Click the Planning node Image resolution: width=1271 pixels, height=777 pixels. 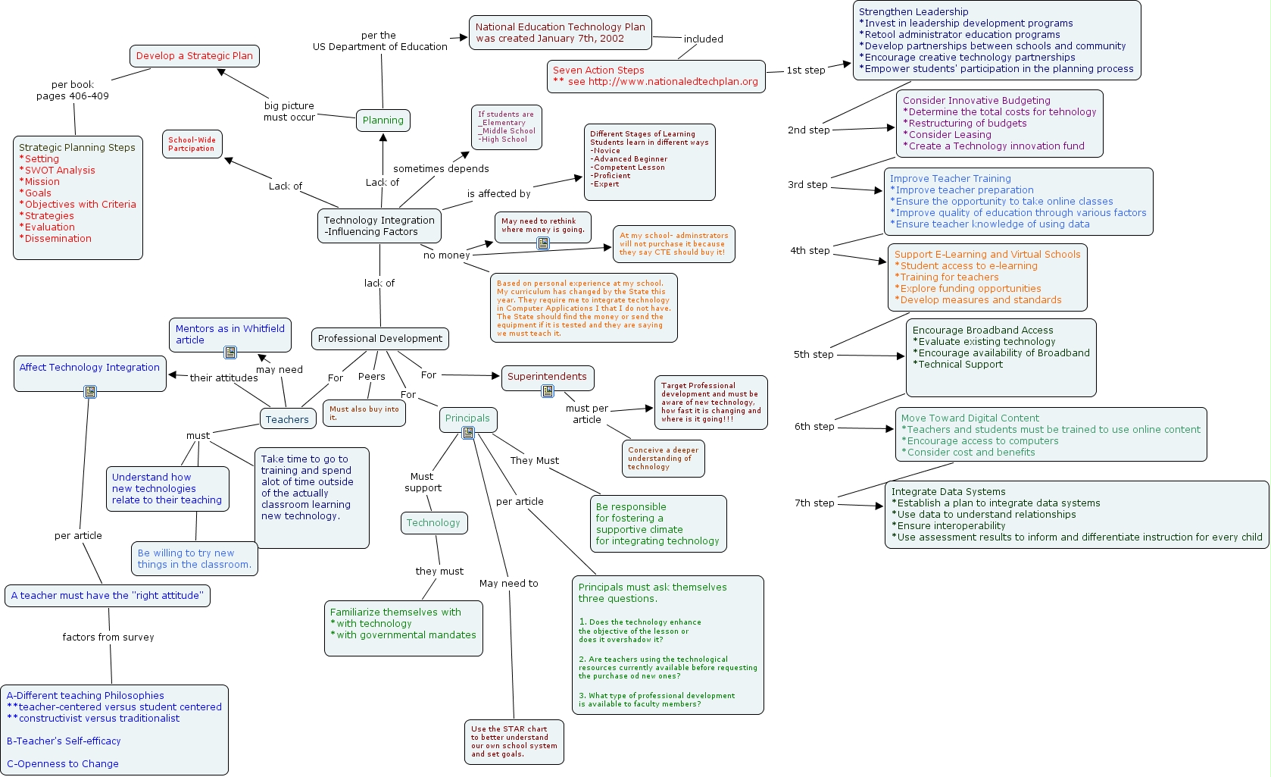click(383, 120)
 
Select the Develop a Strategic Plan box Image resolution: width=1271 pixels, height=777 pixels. click(195, 56)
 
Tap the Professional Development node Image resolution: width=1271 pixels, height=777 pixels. click(380, 339)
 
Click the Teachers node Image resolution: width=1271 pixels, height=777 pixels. click(287, 419)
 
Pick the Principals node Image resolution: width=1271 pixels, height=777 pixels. click(467, 418)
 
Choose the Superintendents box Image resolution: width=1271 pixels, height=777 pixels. click(547, 377)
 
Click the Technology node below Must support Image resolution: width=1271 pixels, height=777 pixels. click(433, 523)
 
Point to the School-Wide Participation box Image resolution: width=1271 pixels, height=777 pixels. click(192, 144)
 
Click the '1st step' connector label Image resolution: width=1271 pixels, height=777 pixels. click(806, 70)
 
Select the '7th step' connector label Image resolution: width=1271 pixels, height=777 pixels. click(814, 503)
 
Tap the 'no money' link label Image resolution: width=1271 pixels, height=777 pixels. click(447, 255)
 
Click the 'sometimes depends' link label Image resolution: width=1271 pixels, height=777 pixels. click(441, 169)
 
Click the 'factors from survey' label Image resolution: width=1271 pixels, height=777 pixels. click(108, 638)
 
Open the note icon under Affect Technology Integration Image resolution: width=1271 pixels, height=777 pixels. click(90, 392)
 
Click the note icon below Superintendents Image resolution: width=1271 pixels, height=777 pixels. click(548, 391)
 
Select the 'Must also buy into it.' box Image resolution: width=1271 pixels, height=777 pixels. click(364, 413)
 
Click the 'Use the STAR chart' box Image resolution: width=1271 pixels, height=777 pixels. click(514, 741)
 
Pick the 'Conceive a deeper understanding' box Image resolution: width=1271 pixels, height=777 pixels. click(663, 459)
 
